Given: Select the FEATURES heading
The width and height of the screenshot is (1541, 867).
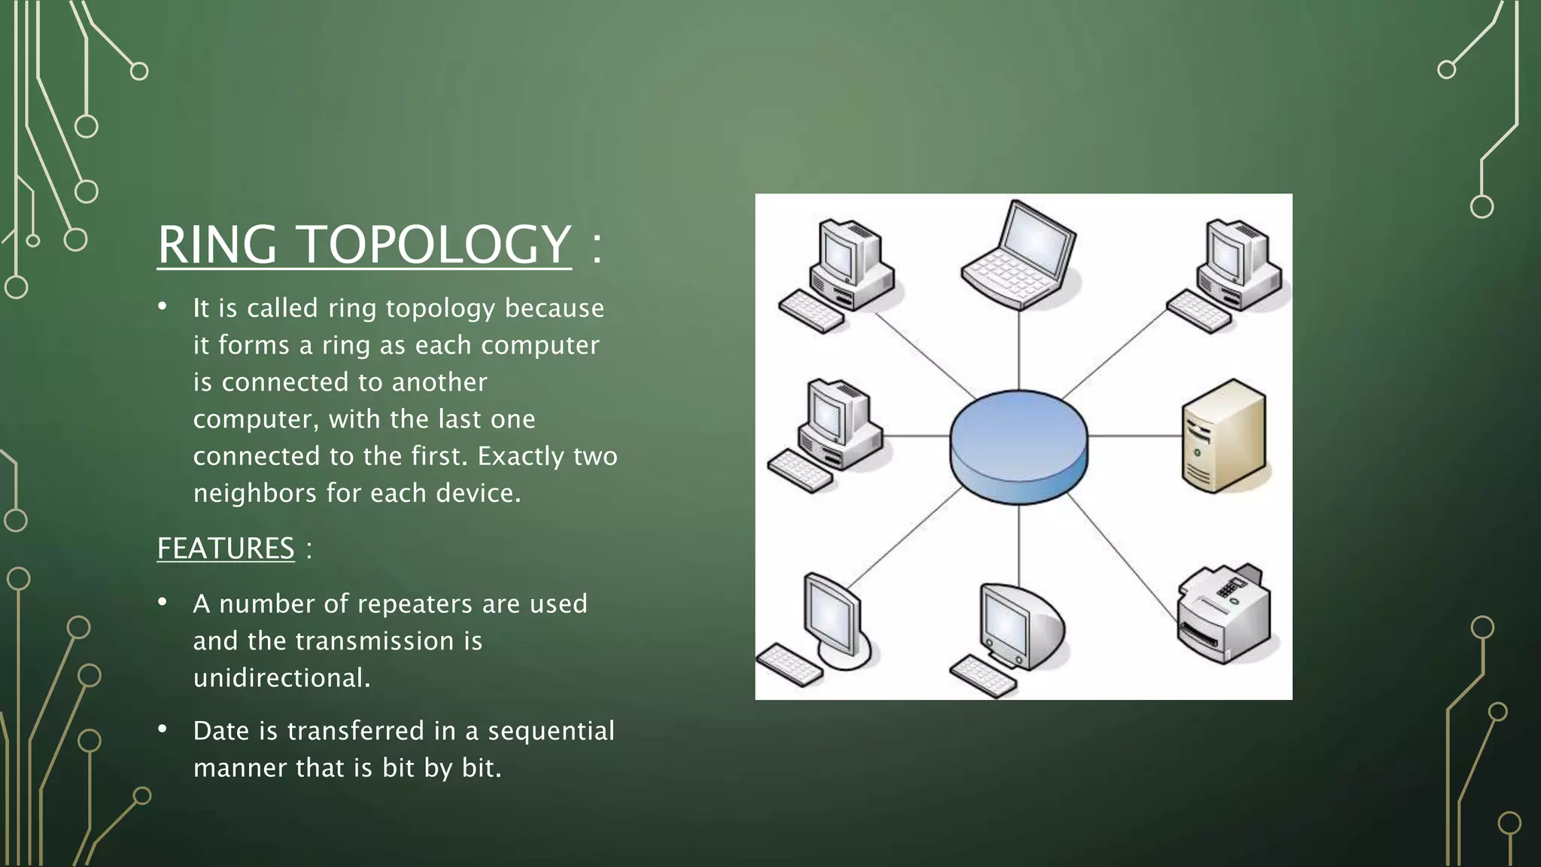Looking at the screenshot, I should point(226,548).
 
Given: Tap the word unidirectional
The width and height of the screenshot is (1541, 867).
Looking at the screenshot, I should point(281,678).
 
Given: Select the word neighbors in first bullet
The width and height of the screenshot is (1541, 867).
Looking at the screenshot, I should point(254,494).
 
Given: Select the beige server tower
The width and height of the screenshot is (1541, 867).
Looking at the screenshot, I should point(1224,437).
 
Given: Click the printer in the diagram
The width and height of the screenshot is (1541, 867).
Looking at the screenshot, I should point(1223,613).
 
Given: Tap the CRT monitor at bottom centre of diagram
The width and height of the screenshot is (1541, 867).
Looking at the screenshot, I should point(1012,632).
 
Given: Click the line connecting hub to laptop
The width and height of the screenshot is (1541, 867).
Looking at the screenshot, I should point(1019,350).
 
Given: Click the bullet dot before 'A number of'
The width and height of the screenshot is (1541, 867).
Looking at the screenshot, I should point(162,603).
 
